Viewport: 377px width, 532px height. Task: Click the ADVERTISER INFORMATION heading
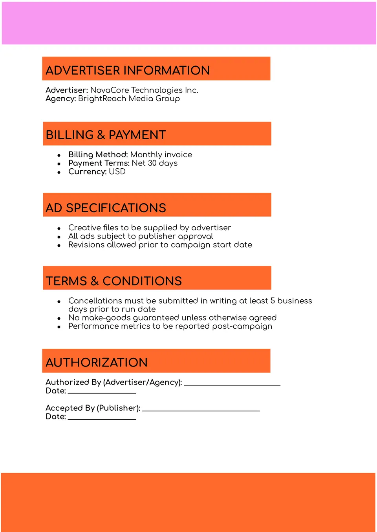pyautogui.click(x=128, y=71)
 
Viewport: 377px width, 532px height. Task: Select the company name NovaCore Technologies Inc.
pyautogui.click(x=144, y=90)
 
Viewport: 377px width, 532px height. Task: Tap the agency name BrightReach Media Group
pyautogui.click(x=129, y=98)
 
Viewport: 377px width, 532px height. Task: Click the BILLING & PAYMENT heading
pyautogui.click(x=106, y=135)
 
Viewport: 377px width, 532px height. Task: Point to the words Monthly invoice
pyautogui.click(x=161, y=155)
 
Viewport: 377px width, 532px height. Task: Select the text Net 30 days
pyautogui.click(x=154, y=163)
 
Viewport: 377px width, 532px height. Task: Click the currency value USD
pyautogui.click(x=117, y=172)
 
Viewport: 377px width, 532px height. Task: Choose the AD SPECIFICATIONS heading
pyautogui.click(x=106, y=208)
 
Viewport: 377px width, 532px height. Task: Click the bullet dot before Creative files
pyautogui.click(x=59, y=228)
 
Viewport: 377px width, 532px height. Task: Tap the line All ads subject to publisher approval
pyautogui.click(x=141, y=236)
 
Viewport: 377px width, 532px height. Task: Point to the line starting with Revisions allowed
pyautogui.click(x=160, y=245)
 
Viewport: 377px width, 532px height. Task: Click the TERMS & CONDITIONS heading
pyautogui.click(x=114, y=281)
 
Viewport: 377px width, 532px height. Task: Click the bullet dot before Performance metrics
pyautogui.click(x=59, y=327)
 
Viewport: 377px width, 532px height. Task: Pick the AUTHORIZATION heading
pyautogui.click(x=97, y=363)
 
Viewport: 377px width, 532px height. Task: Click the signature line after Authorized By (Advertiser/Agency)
pyautogui.click(x=232, y=384)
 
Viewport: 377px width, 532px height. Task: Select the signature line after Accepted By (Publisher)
pyautogui.click(x=201, y=410)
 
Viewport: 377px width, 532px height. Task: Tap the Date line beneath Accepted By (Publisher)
pyautogui.click(x=102, y=419)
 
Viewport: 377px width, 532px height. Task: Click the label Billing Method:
pyautogui.click(x=98, y=155)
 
